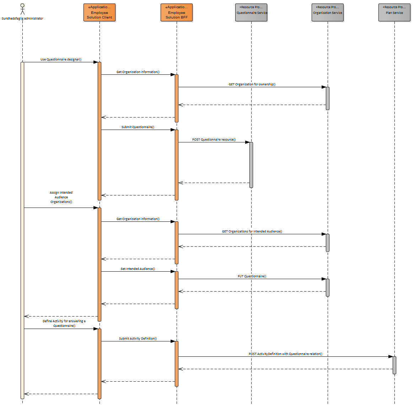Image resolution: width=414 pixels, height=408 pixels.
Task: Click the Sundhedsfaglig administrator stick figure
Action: (22, 9)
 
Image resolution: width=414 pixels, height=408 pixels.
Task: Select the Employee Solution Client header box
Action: (100, 13)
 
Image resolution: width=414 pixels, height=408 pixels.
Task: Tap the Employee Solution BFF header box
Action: (177, 13)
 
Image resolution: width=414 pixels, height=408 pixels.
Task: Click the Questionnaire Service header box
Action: (251, 13)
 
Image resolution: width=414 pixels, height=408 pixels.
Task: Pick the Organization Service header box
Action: (328, 13)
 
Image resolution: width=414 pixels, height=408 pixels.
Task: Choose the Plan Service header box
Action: (394, 13)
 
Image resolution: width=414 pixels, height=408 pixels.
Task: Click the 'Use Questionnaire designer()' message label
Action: (61, 59)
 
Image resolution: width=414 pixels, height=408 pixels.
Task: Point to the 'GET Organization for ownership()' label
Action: (252, 84)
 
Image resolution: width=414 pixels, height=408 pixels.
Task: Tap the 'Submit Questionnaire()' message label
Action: (138, 127)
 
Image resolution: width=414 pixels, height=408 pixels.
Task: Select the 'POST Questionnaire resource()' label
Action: (214, 140)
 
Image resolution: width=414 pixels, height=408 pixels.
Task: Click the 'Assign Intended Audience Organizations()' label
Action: (61, 197)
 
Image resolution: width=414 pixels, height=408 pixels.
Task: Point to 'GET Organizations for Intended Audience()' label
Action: (252, 231)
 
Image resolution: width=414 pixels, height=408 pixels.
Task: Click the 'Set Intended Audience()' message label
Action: (138, 269)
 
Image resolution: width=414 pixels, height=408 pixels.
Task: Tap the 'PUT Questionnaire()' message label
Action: (252, 276)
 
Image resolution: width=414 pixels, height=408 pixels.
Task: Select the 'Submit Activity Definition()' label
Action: (138, 339)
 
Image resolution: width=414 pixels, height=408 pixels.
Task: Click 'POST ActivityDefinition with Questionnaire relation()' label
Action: (285, 354)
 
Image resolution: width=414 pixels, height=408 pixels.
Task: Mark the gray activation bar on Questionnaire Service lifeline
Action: (251, 165)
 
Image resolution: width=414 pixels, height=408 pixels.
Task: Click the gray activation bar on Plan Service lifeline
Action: (394, 365)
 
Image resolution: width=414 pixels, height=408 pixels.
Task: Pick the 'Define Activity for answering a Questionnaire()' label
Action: (64, 323)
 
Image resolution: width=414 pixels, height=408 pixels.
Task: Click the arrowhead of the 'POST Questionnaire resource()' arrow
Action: (247, 142)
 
